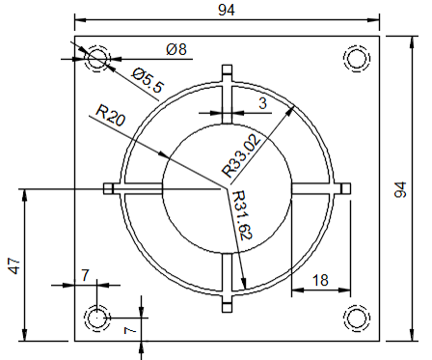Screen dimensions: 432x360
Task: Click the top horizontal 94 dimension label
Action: pyautogui.click(x=227, y=10)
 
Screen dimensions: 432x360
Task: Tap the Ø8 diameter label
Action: pyautogui.click(x=176, y=49)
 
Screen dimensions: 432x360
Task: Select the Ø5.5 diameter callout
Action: pyautogui.click(x=148, y=80)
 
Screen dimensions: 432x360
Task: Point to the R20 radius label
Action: pyautogui.click(x=110, y=115)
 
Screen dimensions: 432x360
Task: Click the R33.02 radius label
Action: pyautogui.click(x=241, y=156)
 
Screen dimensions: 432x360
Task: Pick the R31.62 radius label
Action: pyautogui.click(x=241, y=215)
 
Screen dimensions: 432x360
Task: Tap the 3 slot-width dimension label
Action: pyautogui.click(x=263, y=103)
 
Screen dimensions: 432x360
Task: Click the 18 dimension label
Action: pyautogui.click(x=320, y=280)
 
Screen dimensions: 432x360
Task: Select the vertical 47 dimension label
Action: pyautogui.click(x=14, y=265)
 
